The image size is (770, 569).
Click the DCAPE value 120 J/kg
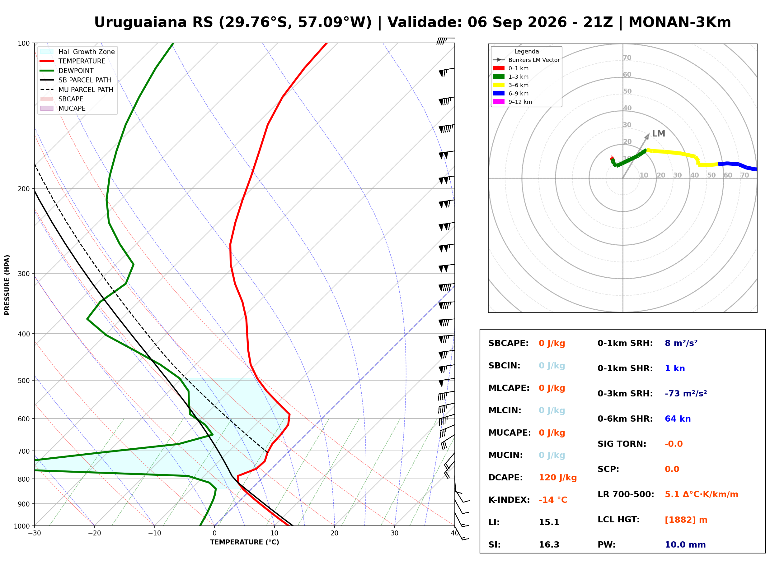pos(558,478)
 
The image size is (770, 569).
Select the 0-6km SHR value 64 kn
pos(678,419)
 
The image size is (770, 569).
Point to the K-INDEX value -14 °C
pos(553,500)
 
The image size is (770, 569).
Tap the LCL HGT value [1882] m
pos(686,520)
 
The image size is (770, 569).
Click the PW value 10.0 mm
pos(685,545)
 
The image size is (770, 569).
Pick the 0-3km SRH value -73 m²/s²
pos(686,393)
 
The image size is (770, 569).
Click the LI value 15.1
pos(549,522)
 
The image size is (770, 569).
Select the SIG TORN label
pos(622,444)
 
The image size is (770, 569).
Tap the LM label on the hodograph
pos(659,134)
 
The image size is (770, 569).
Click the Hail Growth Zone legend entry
pos(77,52)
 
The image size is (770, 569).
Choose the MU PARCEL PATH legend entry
pos(77,90)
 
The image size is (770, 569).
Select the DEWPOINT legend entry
pos(67,71)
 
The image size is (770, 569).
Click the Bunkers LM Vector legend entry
pos(526,60)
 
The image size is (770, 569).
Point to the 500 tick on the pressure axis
pos(23,381)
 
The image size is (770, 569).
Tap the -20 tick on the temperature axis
pos(94,533)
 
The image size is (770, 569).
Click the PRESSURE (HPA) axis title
pos(7,285)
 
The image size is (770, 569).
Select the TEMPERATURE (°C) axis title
pos(245,543)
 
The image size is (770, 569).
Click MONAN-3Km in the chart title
pos(680,22)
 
